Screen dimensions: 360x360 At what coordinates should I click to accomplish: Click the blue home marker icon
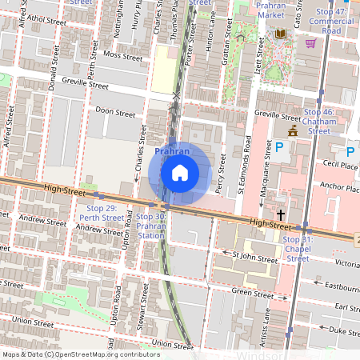pyautogui.click(x=180, y=172)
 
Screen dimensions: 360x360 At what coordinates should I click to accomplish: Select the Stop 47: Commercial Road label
pyautogui.click(x=326, y=22)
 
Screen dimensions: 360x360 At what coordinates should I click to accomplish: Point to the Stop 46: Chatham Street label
pyautogui.click(x=319, y=121)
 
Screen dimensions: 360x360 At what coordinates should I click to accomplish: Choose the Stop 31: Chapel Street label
pyautogui.click(x=298, y=249)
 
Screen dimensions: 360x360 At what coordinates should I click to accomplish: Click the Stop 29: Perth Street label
pyautogui.click(x=105, y=212)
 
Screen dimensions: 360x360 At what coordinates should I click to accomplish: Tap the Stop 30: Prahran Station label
pyautogui.click(x=151, y=226)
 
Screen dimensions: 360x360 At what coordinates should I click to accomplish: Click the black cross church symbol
pyautogui.click(x=281, y=214)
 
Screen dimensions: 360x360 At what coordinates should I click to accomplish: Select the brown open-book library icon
pyautogui.click(x=280, y=34)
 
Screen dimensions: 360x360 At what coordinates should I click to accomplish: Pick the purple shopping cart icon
pyautogui.click(x=310, y=42)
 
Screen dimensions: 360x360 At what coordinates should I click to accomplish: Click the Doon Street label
pyautogui.click(x=115, y=114)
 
